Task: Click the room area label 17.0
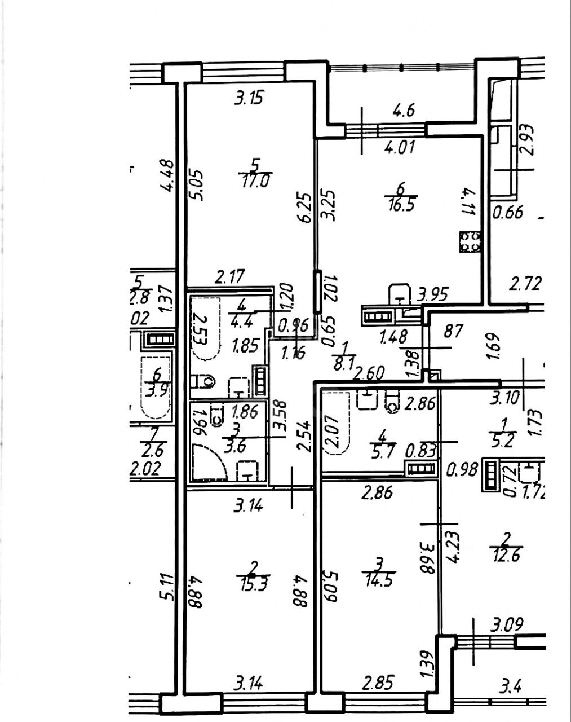point(255,182)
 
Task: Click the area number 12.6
point(506,555)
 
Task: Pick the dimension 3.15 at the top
point(249,98)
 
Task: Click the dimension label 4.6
point(404,109)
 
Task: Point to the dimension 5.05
point(197,185)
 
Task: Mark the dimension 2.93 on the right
point(526,139)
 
